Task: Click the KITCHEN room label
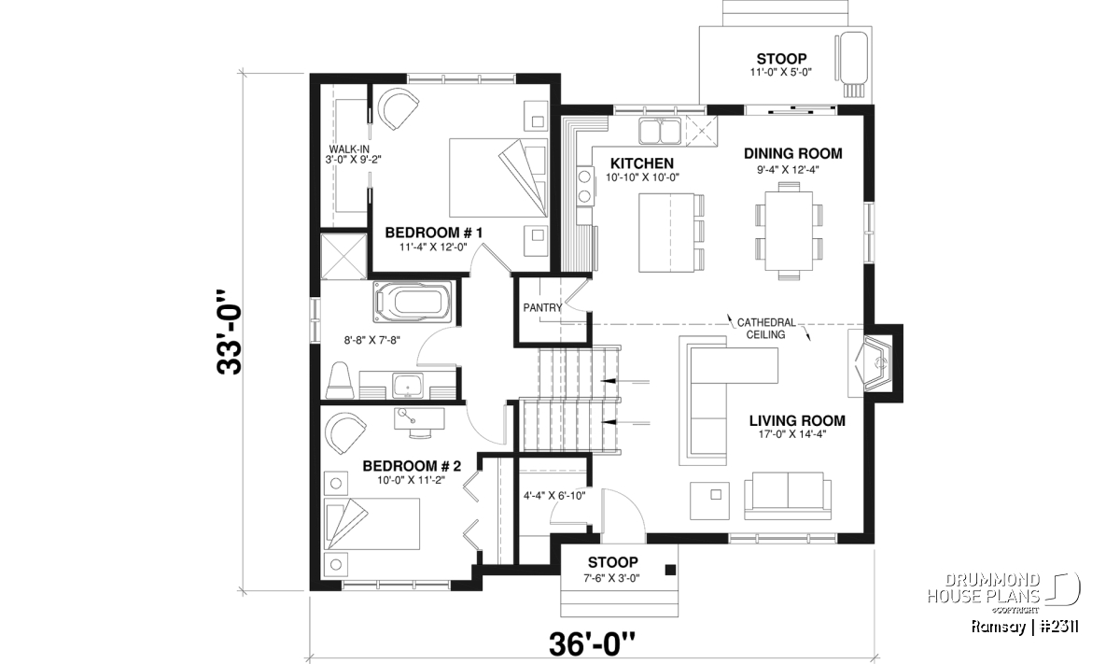(x=642, y=163)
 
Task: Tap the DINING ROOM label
(x=793, y=153)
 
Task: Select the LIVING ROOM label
(x=797, y=421)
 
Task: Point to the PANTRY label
(x=542, y=308)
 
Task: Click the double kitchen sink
(x=660, y=132)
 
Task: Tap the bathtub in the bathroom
(x=412, y=303)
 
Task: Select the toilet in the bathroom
(x=341, y=380)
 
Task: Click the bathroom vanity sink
(x=408, y=386)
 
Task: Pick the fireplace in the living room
(x=872, y=363)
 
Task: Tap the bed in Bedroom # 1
(x=498, y=177)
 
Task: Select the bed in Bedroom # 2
(x=372, y=524)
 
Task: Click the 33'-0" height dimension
(x=230, y=332)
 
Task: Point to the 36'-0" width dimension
(x=593, y=644)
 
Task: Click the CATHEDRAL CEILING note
(x=766, y=329)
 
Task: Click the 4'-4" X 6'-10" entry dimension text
(x=554, y=496)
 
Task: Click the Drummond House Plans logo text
(x=984, y=588)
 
